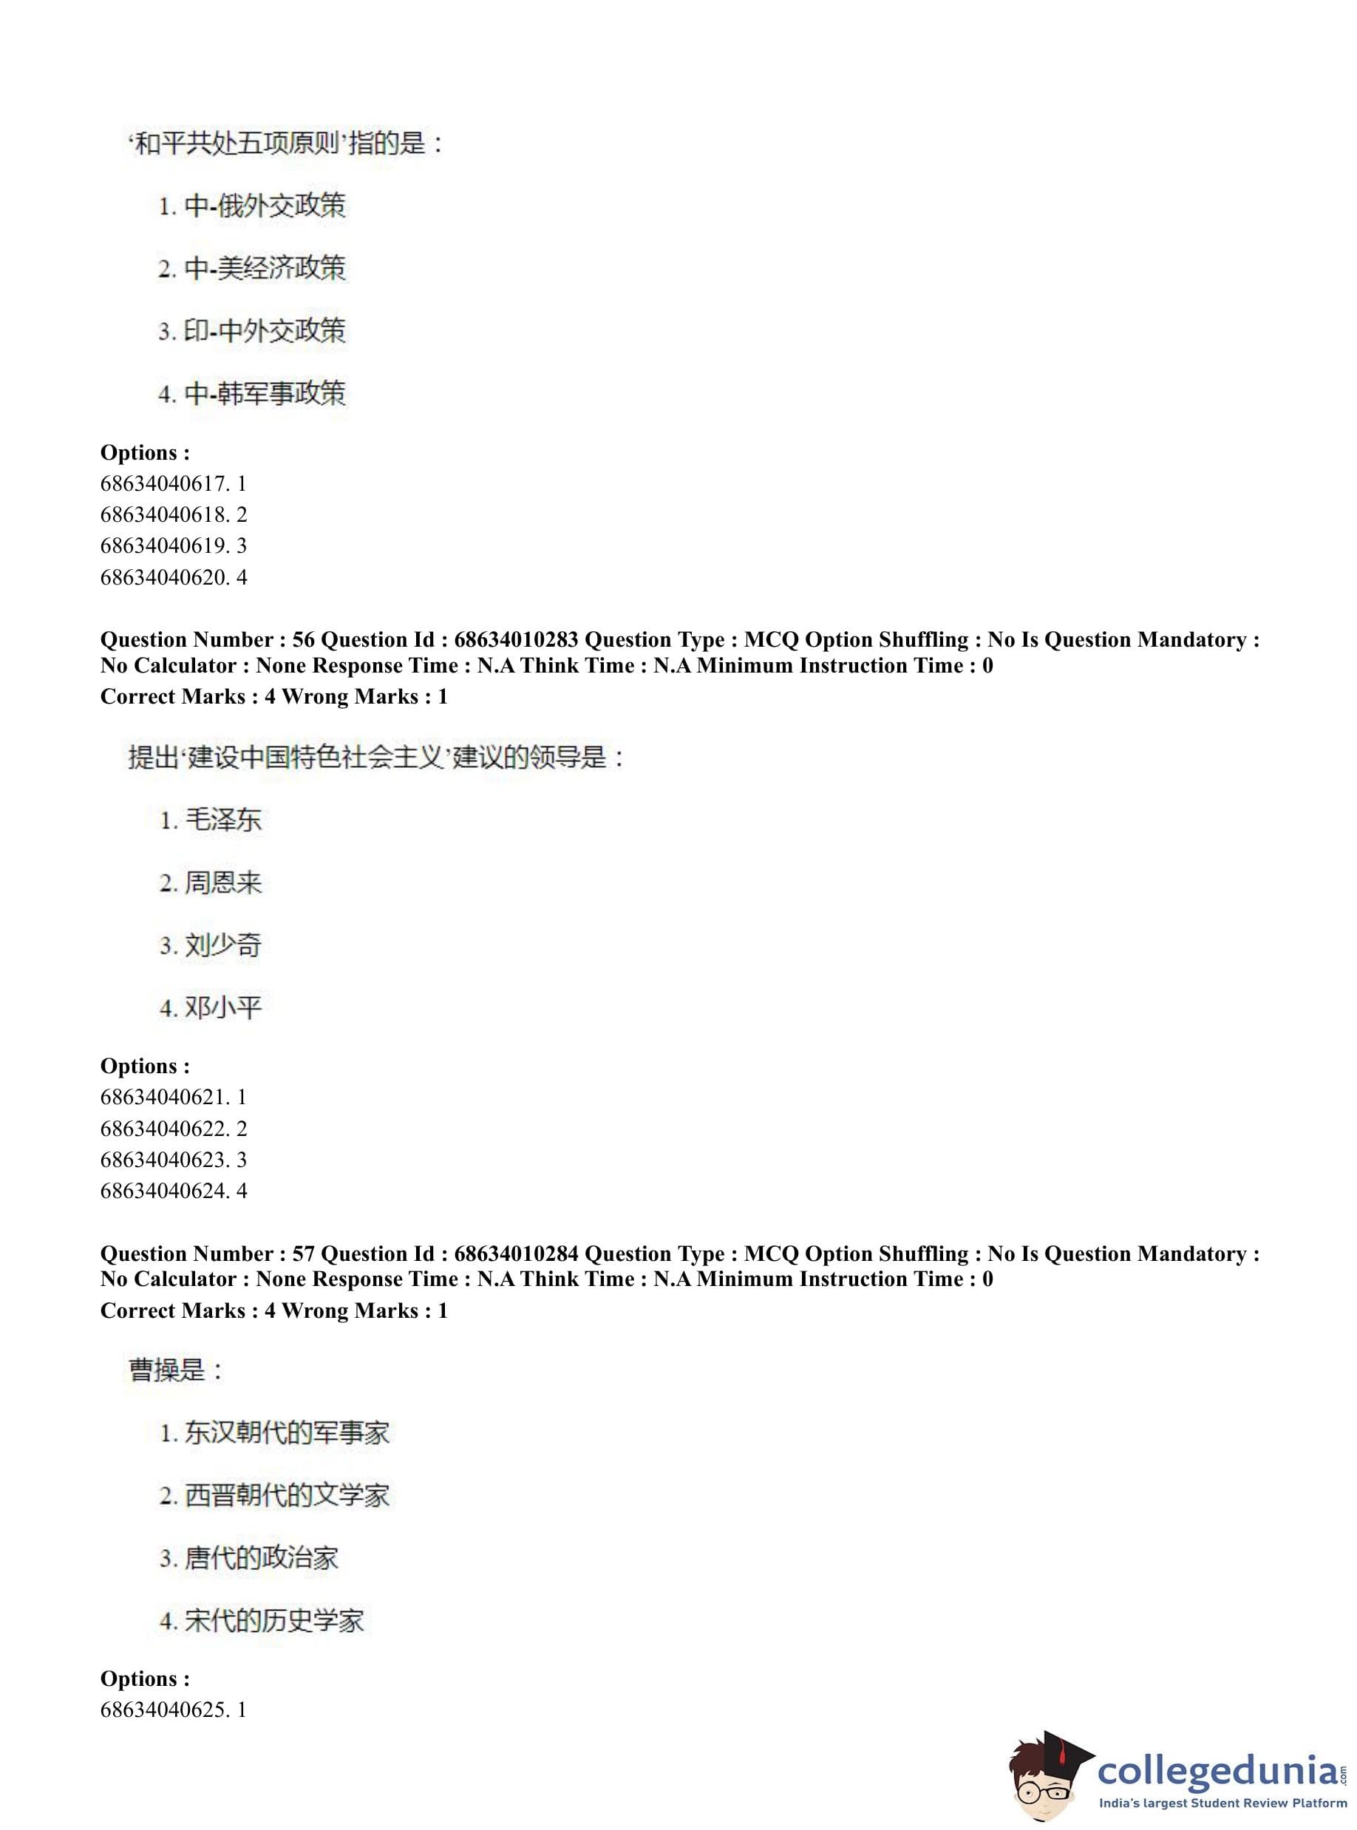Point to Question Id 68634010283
click(516, 640)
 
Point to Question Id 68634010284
click(516, 1254)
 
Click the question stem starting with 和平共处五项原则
click(286, 143)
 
